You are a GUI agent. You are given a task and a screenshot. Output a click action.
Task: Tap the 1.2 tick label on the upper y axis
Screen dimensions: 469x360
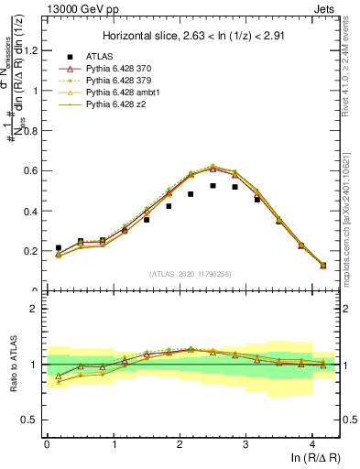[x=31, y=50]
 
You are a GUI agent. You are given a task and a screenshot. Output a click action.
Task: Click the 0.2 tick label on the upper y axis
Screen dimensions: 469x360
[x=31, y=251]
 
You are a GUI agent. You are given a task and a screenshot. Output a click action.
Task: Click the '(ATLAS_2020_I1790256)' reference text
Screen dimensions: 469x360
[x=192, y=274]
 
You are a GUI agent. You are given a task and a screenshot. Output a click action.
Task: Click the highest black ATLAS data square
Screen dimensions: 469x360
[x=213, y=185]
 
